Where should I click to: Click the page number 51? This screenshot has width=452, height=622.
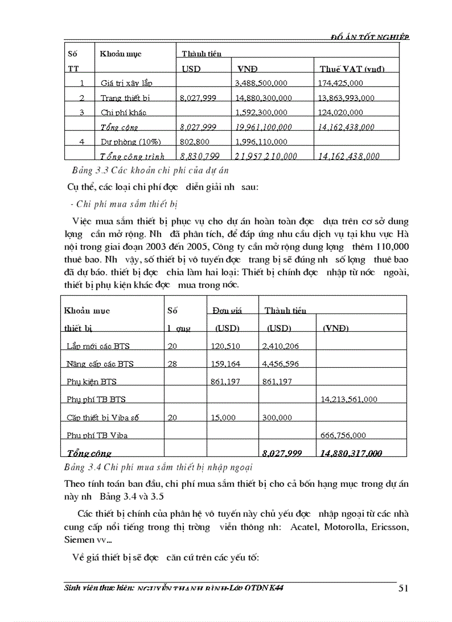click(403, 588)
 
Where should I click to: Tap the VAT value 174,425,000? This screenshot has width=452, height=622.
click(341, 83)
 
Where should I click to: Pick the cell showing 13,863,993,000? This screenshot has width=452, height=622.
click(347, 98)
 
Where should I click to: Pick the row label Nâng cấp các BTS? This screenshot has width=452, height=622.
click(100, 364)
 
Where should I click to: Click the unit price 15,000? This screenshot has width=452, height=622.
click(224, 418)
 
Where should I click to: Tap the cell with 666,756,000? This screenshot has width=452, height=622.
click(343, 435)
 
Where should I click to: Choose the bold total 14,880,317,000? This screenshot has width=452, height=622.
click(351, 453)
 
